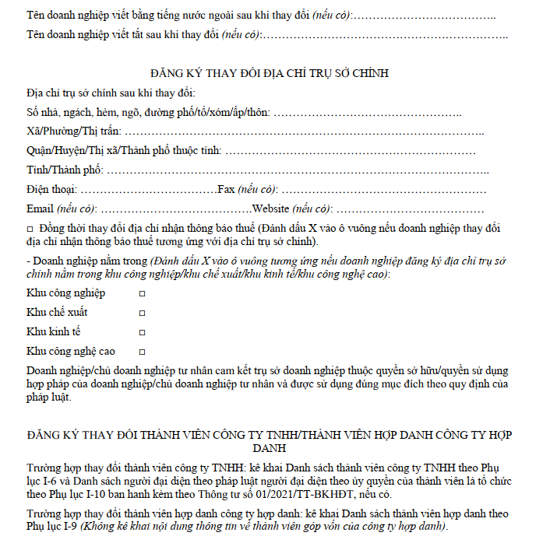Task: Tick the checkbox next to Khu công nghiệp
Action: click(142, 293)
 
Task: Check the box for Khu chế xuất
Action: click(142, 313)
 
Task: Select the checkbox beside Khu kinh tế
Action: click(142, 332)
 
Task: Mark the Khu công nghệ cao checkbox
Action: click(142, 352)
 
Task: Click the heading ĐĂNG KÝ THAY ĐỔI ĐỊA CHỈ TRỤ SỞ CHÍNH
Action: click(271, 74)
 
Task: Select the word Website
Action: click(270, 208)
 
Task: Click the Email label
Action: click(40, 208)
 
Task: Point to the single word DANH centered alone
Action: click(270, 449)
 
